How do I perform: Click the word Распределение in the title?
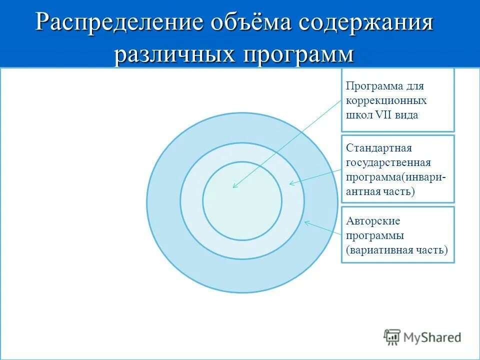pos(120,24)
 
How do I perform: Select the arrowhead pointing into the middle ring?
pos(292,183)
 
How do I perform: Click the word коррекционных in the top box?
pos(386,100)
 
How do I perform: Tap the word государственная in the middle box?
pos(388,163)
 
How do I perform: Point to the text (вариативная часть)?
pos(396,249)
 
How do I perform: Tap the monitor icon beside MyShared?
pos(392,337)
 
